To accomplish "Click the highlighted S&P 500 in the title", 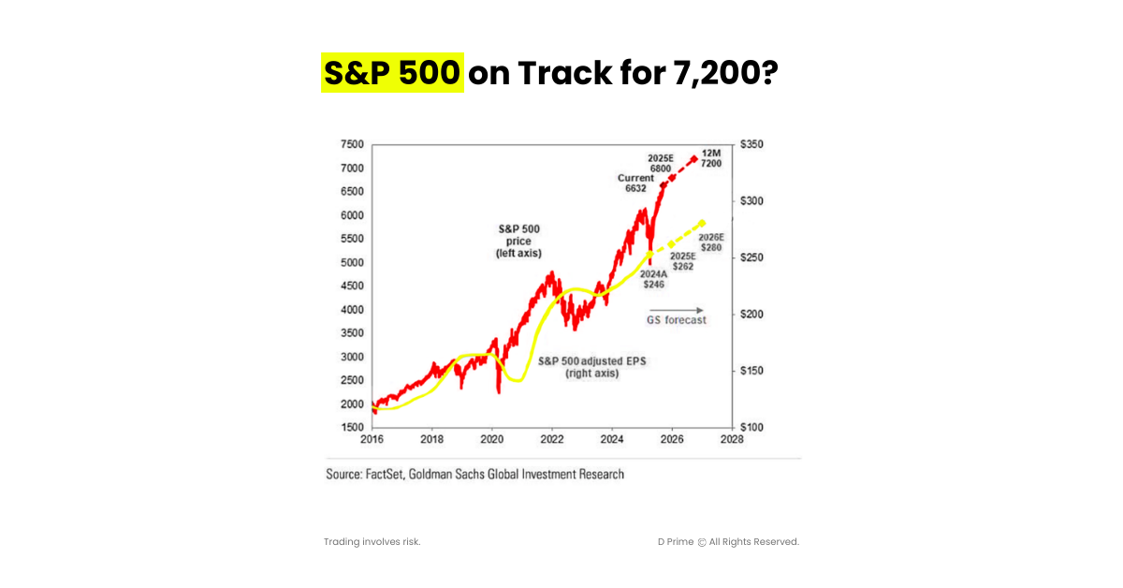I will [x=392, y=72].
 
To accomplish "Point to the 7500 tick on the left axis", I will [x=352, y=144].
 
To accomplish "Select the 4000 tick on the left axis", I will [x=352, y=310].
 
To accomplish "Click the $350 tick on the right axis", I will [x=752, y=144].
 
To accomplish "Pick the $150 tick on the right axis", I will [x=752, y=371].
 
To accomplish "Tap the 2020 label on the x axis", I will [x=492, y=439].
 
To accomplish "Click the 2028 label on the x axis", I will [x=732, y=439].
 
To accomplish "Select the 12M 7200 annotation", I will [x=711, y=157].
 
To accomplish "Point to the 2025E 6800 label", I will [x=662, y=163].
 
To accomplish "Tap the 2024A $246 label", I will [x=652, y=279].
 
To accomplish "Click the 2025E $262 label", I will [x=681, y=261].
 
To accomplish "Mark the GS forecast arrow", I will [x=676, y=310].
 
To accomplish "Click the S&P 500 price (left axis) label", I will [x=518, y=241].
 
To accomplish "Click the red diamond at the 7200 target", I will [x=693, y=158].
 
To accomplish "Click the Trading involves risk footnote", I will [x=372, y=542].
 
